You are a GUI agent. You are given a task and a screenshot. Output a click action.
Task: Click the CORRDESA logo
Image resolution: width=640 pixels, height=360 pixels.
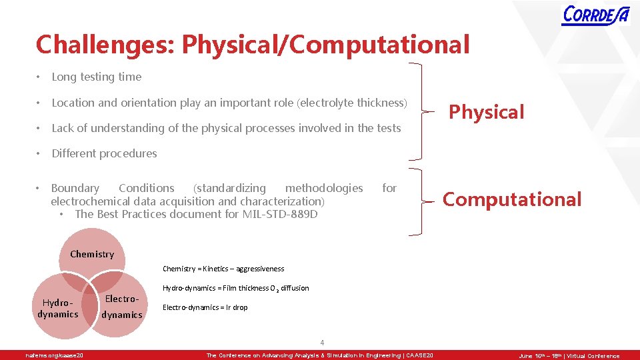click(595, 15)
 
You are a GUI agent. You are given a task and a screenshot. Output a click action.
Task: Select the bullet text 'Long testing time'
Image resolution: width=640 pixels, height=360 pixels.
click(97, 77)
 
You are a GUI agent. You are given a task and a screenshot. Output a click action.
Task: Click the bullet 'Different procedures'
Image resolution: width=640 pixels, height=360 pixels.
click(104, 153)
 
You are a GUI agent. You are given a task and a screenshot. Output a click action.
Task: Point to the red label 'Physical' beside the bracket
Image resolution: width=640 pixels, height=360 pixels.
click(486, 112)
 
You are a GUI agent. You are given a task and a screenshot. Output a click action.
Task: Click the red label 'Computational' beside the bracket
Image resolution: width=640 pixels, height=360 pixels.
click(512, 199)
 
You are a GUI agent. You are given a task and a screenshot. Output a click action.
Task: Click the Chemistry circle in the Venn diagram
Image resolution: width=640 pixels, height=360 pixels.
click(92, 254)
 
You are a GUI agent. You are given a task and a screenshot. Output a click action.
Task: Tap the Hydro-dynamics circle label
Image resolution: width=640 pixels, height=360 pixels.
click(58, 308)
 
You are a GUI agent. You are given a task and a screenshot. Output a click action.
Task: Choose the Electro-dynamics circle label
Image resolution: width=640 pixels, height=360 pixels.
click(123, 307)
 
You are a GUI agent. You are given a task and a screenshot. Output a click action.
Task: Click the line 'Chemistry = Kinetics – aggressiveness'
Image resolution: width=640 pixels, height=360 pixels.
click(223, 269)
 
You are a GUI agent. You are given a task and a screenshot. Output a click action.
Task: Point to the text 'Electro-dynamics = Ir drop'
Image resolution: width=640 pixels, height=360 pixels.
click(205, 307)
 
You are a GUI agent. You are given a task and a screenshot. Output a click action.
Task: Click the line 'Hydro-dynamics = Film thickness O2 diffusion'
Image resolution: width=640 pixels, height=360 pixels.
click(236, 288)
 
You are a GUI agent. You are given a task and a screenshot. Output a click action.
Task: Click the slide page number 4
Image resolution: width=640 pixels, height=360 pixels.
click(322, 343)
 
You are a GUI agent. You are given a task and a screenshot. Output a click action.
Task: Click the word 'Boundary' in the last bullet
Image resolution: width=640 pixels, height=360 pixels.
click(75, 189)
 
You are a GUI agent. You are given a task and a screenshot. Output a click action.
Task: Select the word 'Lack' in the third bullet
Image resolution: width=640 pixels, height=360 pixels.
click(63, 128)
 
